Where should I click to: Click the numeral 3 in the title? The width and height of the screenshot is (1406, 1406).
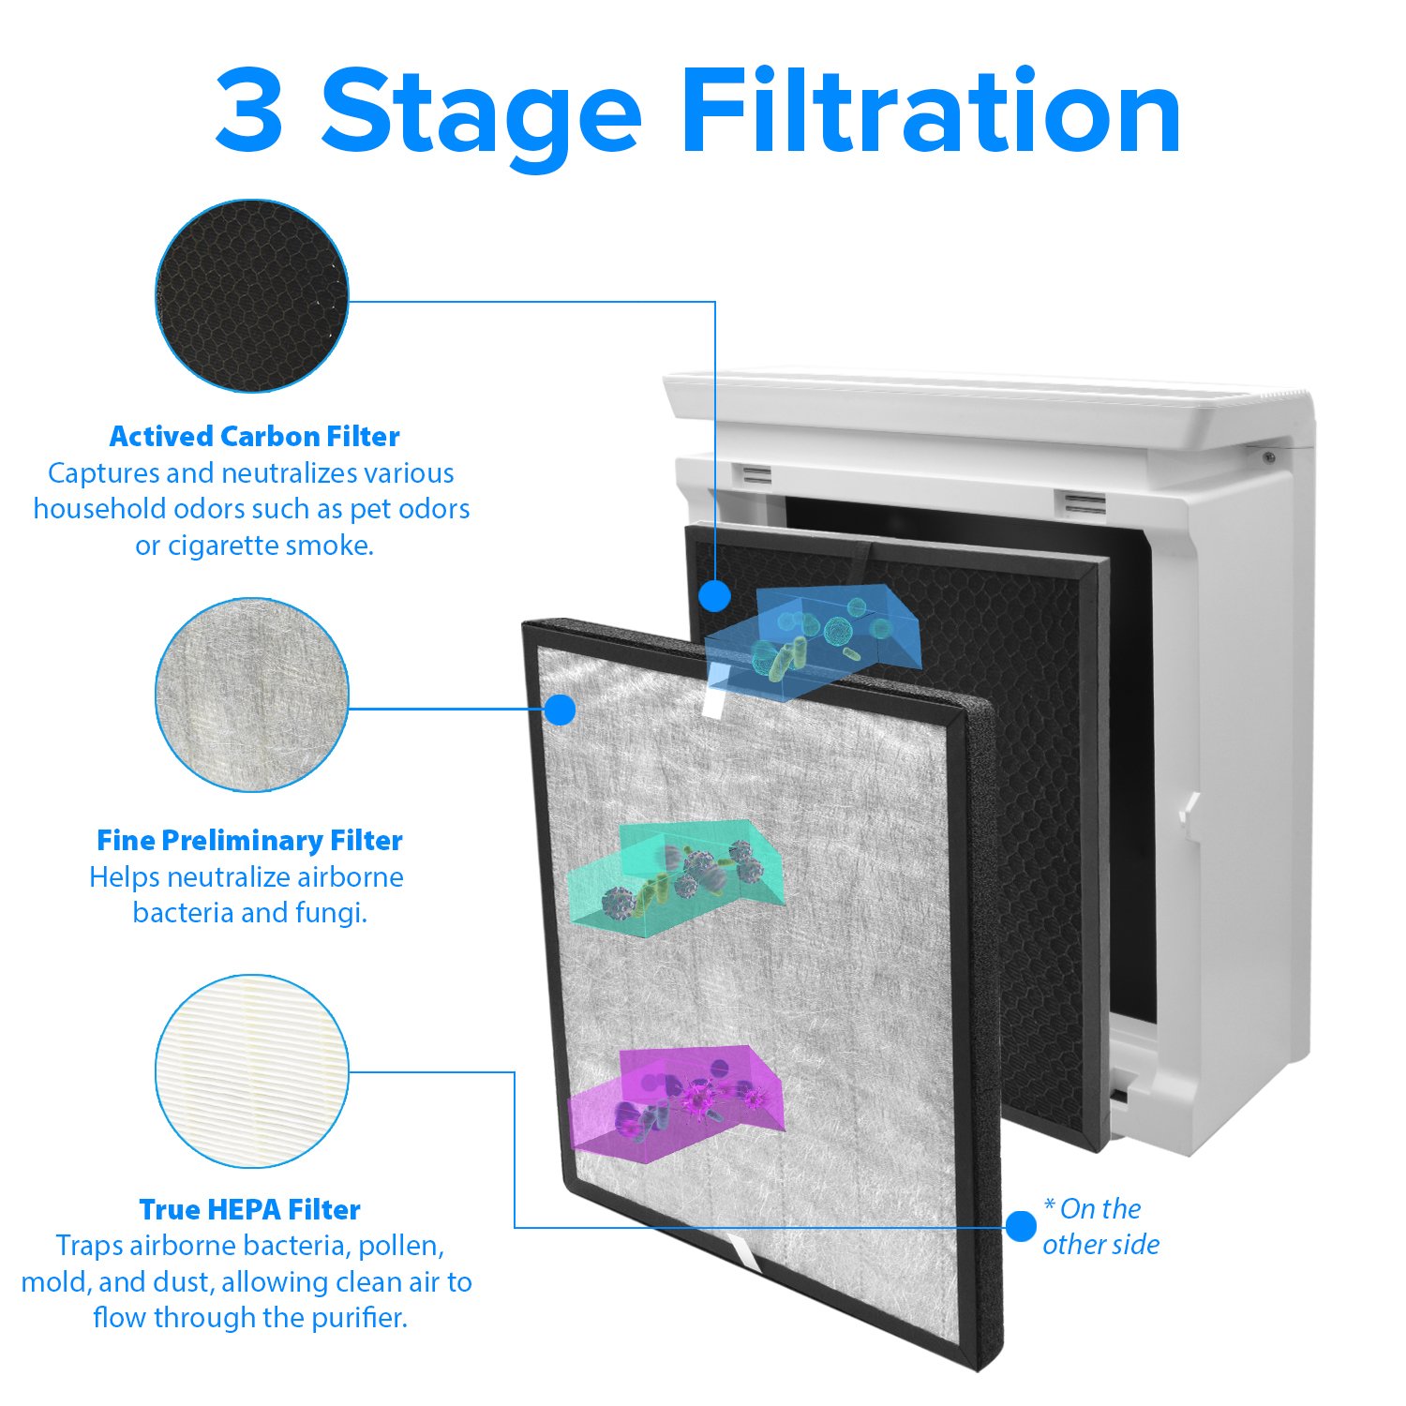pos(249,111)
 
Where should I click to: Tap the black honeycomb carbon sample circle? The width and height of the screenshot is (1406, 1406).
pos(251,296)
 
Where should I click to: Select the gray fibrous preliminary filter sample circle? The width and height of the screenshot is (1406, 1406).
pos(251,696)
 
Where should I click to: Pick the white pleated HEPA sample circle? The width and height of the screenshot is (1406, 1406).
pos(251,1071)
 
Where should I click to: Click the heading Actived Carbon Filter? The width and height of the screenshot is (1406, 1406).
pos(254,437)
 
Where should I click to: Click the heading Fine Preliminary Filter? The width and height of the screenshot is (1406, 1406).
pos(249,841)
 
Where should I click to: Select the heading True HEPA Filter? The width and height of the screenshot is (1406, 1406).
pos(249,1210)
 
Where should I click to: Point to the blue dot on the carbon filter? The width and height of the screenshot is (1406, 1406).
pos(715,595)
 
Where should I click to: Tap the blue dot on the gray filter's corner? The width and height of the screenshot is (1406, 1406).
pos(560,710)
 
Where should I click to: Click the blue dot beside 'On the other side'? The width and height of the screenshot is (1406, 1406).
pos(1021,1226)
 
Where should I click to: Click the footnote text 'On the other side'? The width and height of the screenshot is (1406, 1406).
pos(1100,1227)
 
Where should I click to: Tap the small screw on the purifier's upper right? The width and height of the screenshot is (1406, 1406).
pos(1268,457)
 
